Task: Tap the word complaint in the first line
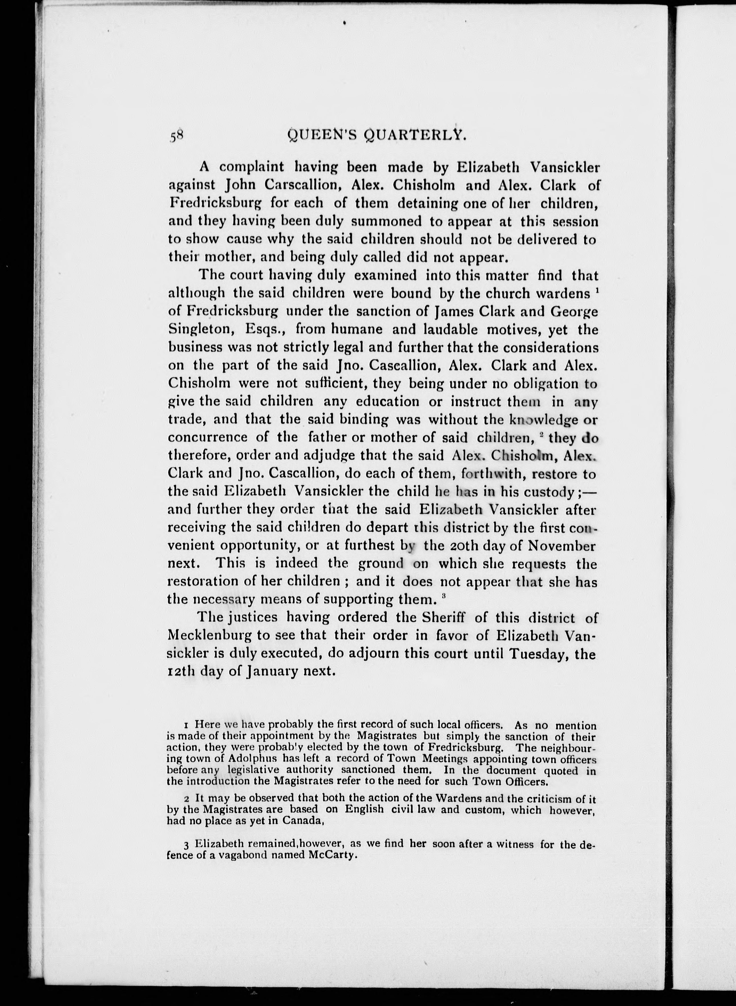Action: pyautogui.click(x=252, y=167)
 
